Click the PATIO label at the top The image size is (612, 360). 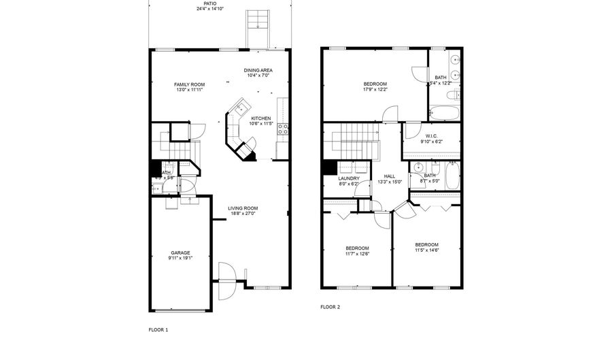click(x=220, y=3)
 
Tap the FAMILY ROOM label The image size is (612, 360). click(x=190, y=84)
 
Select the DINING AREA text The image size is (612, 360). click(x=258, y=70)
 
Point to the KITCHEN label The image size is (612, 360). click(x=261, y=118)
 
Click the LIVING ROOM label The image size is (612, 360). click(x=243, y=208)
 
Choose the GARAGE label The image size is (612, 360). click(x=180, y=252)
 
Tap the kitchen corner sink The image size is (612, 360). click(x=239, y=108)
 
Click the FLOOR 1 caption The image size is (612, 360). click(x=158, y=329)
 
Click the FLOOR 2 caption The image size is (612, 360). click(x=330, y=307)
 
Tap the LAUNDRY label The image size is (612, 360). click(x=349, y=178)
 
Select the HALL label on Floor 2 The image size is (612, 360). click(x=390, y=176)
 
